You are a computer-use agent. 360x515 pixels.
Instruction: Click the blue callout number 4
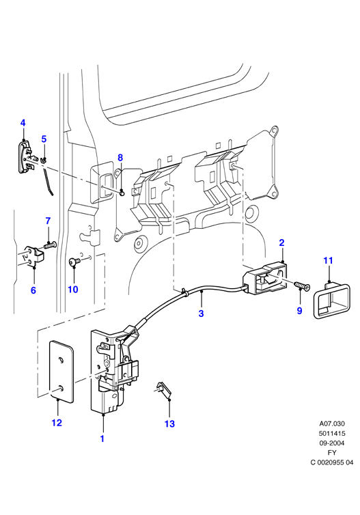click(23, 123)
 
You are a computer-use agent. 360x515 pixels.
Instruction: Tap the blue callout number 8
click(120, 158)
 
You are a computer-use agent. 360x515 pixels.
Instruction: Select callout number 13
click(169, 423)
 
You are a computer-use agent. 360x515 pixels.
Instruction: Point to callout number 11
click(328, 260)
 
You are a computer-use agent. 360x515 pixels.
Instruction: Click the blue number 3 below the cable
click(201, 314)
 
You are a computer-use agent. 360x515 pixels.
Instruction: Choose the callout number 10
click(73, 290)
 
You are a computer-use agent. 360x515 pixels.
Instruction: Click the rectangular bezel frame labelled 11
click(332, 301)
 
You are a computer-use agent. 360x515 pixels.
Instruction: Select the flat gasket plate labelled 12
click(61, 372)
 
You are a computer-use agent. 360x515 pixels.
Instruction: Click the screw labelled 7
click(50, 245)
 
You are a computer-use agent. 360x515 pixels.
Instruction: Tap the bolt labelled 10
click(74, 262)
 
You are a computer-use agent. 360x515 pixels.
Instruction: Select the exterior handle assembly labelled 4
click(27, 156)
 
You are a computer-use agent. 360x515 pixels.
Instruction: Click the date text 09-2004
click(332, 443)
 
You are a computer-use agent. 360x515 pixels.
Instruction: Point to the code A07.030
click(332, 423)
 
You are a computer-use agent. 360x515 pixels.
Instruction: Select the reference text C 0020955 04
click(332, 462)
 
